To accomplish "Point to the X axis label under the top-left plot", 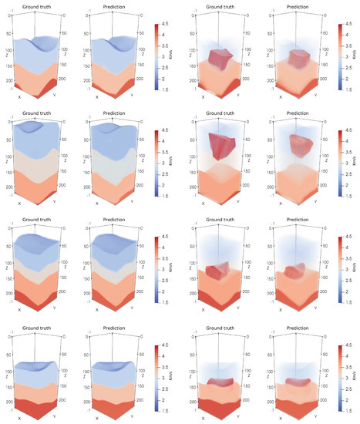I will pos(20,96).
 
